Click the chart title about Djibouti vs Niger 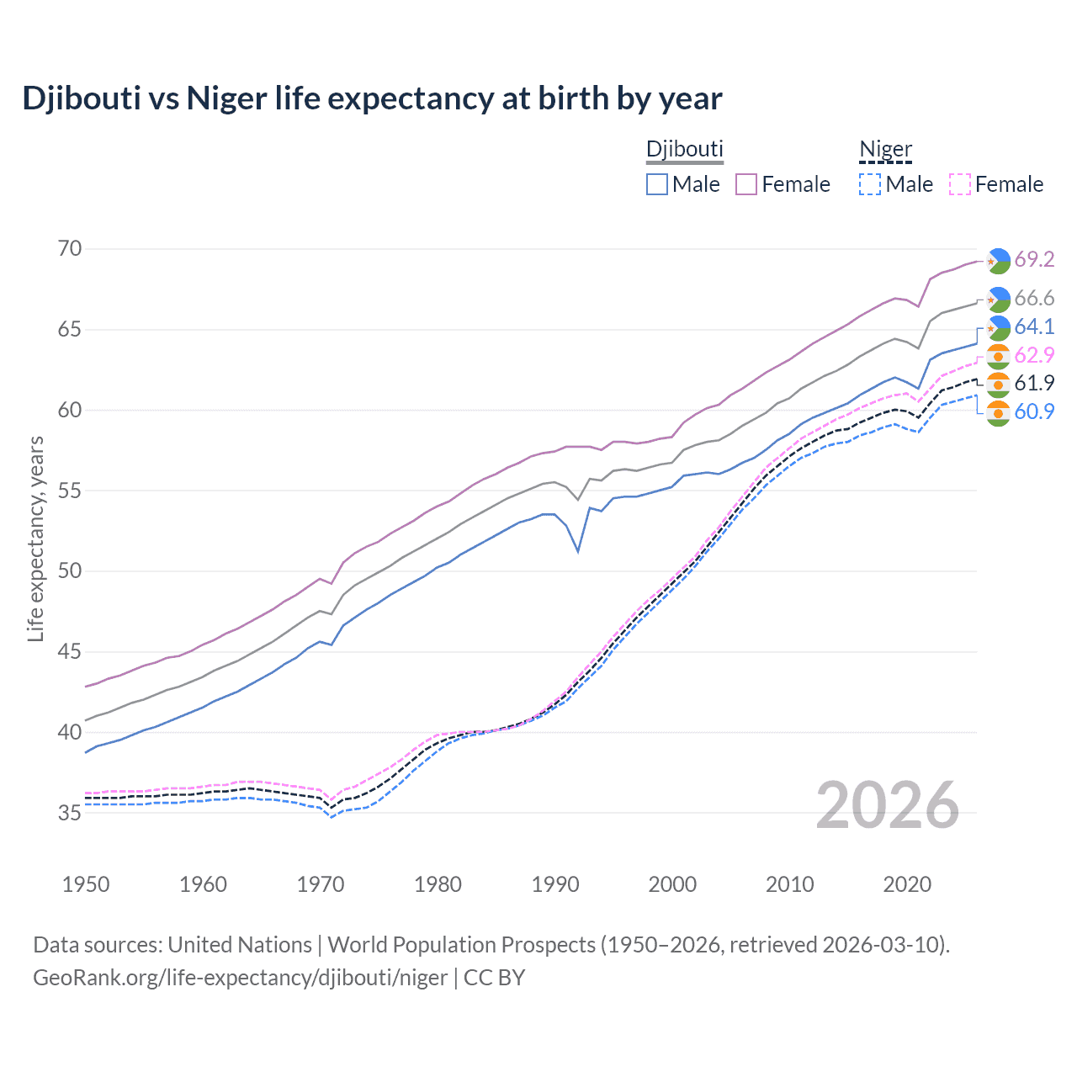coord(372,98)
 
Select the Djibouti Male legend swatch coord(657,184)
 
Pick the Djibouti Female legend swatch coord(746,184)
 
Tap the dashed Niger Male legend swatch coord(870,184)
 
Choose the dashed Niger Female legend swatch coord(960,184)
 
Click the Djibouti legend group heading coord(684,150)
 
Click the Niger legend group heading coord(885,150)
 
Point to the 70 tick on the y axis coord(71,248)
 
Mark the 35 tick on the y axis coord(71,813)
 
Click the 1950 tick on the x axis coord(86,884)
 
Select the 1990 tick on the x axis coord(555,884)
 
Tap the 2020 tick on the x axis coord(907,884)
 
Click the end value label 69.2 coord(1034,259)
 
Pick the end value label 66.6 coord(1034,298)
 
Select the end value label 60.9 coord(1034,411)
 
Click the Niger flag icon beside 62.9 coord(998,356)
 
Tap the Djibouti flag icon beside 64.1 coord(998,327)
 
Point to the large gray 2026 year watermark coord(888,805)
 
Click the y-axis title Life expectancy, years coord(35,538)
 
